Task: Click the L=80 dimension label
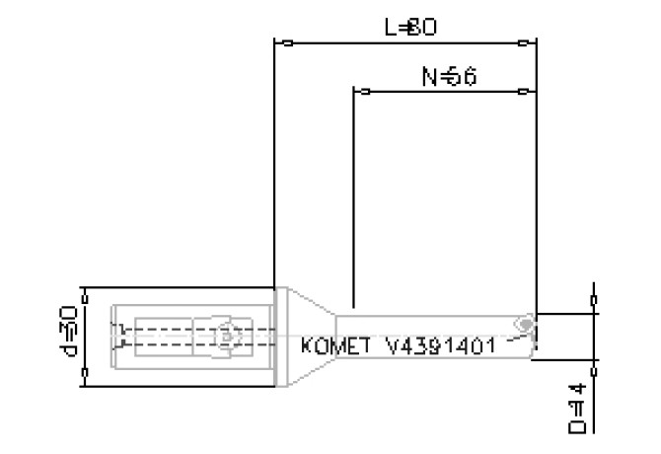(410, 28)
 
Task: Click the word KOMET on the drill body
(334, 346)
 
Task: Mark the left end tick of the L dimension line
(286, 43)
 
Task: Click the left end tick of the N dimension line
(365, 92)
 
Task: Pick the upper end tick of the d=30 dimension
(86, 293)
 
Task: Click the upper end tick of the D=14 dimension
(593, 296)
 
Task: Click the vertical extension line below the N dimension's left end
(353, 197)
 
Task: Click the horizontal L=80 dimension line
(404, 43)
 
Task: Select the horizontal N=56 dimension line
(444, 92)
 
